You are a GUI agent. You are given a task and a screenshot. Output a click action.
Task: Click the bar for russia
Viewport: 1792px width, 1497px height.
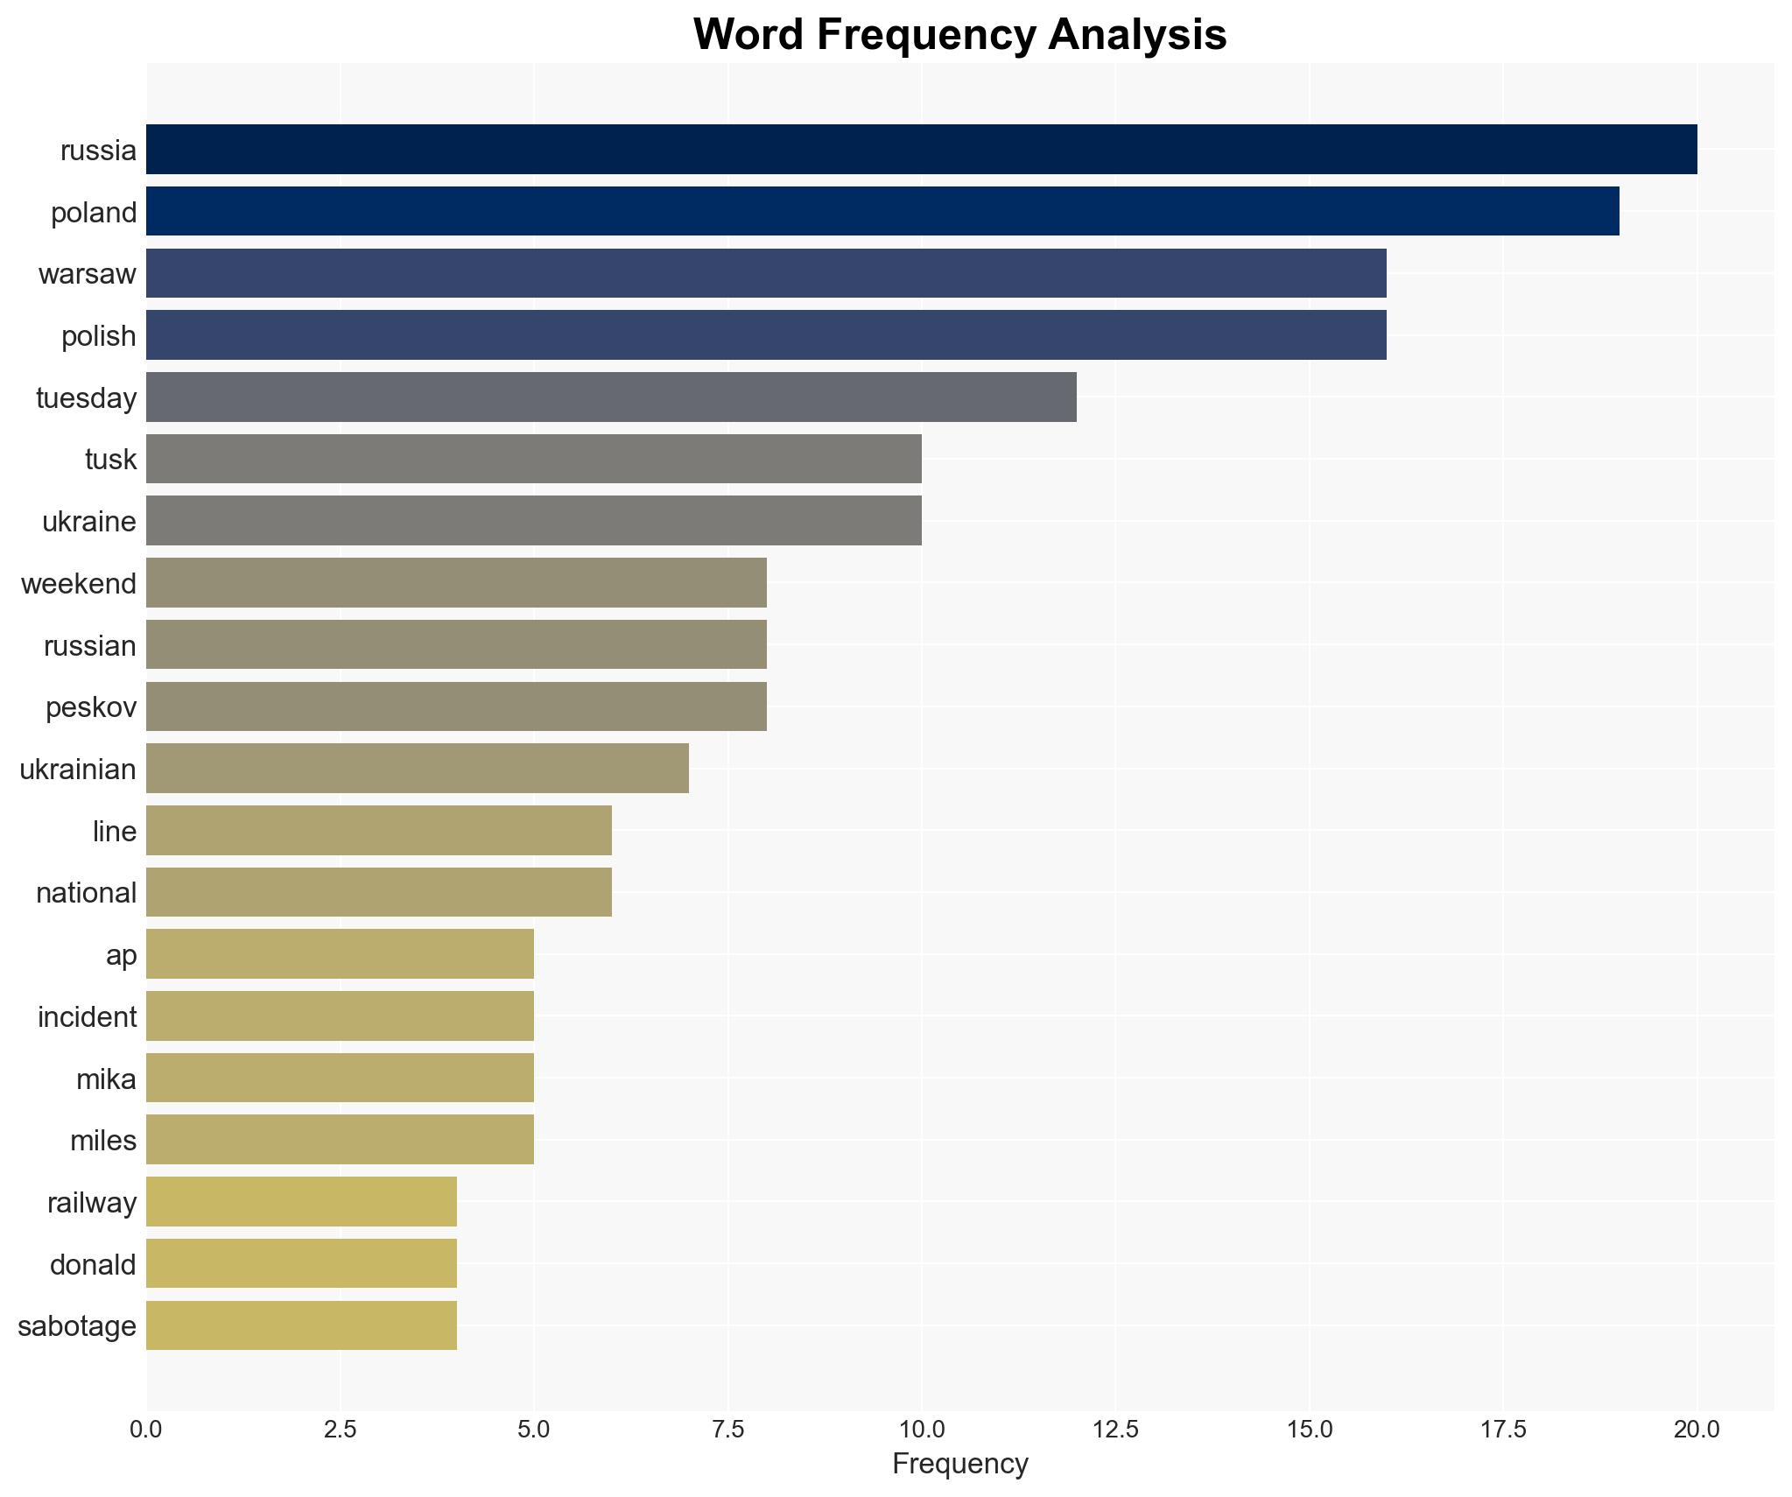coord(921,150)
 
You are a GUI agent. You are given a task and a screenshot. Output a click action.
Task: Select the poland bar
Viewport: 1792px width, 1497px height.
coord(882,211)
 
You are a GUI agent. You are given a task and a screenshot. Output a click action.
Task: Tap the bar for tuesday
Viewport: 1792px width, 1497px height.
coord(611,397)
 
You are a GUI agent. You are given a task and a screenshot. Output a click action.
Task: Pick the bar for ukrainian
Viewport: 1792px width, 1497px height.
coord(417,769)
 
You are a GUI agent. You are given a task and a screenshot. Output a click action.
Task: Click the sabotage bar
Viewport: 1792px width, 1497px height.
coord(301,1325)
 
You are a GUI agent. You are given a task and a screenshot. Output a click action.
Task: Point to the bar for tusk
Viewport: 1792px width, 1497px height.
coord(533,459)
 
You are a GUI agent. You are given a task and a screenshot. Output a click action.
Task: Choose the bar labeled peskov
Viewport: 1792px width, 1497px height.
coord(456,706)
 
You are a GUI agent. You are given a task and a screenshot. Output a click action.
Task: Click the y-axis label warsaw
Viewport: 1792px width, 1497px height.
coord(88,274)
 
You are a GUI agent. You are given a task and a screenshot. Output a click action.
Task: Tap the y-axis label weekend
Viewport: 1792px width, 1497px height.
coord(79,584)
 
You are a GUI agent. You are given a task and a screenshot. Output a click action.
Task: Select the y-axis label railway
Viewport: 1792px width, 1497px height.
coord(92,1203)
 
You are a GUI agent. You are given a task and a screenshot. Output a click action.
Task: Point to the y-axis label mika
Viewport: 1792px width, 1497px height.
coord(106,1079)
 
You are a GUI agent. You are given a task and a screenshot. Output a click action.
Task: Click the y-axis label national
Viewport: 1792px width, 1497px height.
coord(86,893)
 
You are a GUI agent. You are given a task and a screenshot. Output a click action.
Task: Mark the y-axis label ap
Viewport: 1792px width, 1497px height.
coord(121,955)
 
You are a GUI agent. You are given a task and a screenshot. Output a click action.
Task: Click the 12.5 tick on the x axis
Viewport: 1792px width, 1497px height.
coord(1115,1430)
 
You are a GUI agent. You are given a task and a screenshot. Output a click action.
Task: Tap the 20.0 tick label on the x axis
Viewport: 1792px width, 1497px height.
coord(1697,1430)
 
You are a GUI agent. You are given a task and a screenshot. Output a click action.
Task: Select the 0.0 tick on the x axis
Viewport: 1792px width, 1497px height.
coord(146,1430)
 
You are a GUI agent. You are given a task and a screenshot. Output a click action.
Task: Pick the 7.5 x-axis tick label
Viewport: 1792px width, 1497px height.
coord(727,1430)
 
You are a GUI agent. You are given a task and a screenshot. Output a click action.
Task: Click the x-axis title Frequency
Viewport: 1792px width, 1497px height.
coord(959,1464)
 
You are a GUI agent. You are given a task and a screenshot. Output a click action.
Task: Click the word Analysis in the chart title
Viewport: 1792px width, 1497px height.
coord(1137,35)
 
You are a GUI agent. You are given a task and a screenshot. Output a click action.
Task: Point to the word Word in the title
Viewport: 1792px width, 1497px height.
coord(749,35)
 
